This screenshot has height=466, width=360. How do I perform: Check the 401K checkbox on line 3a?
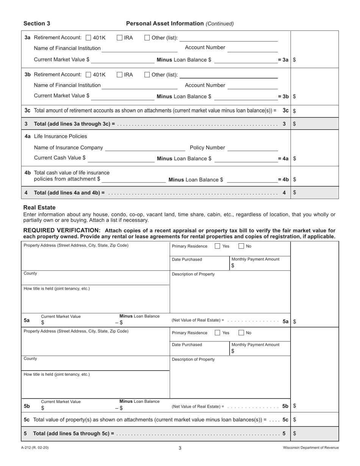click(x=89, y=38)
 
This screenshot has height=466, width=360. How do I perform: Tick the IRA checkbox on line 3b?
click(x=119, y=75)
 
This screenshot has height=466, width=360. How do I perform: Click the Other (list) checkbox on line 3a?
click(x=147, y=38)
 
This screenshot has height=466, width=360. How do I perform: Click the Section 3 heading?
click(x=37, y=23)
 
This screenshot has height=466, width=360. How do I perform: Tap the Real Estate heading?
click(x=39, y=208)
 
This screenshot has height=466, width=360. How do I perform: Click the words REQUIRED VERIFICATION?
click(x=62, y=230)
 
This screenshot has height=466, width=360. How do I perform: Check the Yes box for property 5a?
click(x=218, y=246)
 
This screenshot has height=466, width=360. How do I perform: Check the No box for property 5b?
click(x=241, y=333)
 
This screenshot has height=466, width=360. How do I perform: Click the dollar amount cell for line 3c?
click(x=315, y=111)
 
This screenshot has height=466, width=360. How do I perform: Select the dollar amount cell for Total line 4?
click(x=315, y=192)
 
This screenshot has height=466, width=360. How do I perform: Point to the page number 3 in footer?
click(x=180, y=448)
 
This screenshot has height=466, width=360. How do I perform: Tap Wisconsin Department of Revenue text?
click(x=311, y=447)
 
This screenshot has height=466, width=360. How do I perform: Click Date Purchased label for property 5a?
click(x=187, y=260)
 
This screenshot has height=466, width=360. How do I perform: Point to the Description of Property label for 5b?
click(x=193, y=359)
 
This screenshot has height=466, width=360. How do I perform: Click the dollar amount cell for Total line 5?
click(x=315, y=433)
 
